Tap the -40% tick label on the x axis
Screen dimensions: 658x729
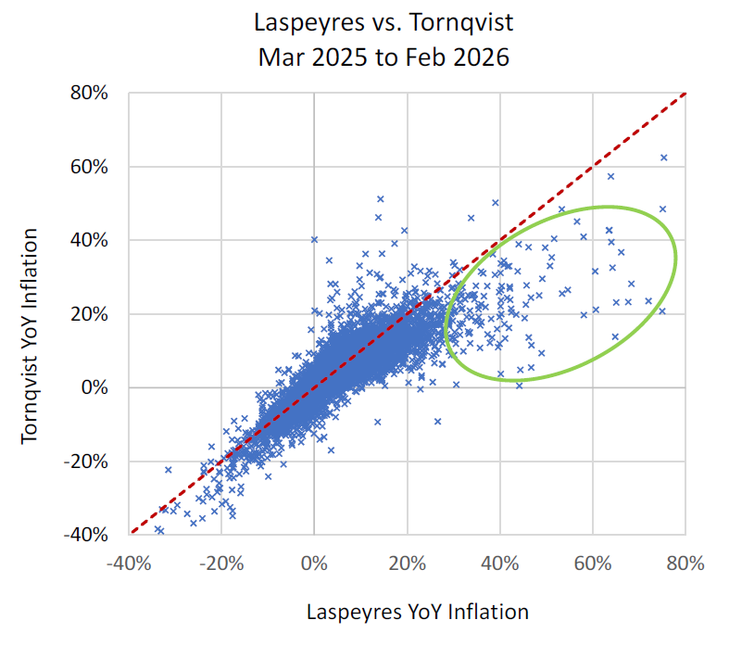128,563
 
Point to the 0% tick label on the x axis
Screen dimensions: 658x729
314,563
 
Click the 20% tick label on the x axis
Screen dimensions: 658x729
407,563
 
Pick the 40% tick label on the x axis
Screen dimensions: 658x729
500,563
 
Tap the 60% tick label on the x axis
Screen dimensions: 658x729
593,563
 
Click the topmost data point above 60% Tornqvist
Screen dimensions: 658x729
663,158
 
